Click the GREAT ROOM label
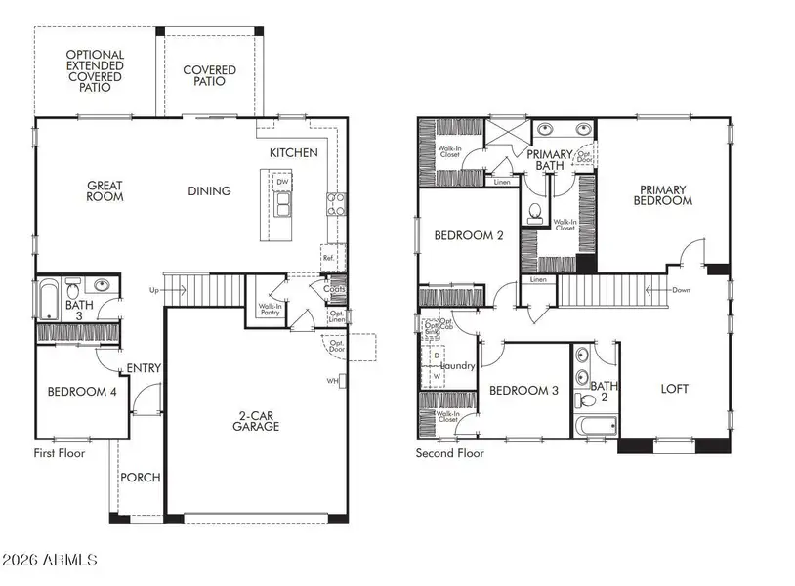coord(105,190)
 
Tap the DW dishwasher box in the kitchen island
coord(282,183)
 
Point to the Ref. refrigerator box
coord(327,258)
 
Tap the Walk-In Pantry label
coord(271,311)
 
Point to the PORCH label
coord(140,478)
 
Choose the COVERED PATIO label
coord(209,75)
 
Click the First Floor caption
coord(60,453)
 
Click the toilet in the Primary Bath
coord(535,212)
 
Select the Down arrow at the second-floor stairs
coord(678,290)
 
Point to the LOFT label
coord(674,389)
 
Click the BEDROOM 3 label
coord(523,391)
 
